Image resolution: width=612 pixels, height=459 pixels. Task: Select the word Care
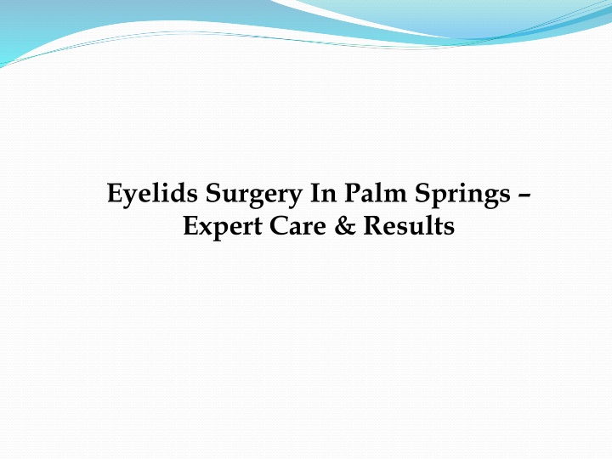[x=299, y=227]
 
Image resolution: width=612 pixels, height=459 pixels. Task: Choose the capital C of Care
[x=277, y=227]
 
